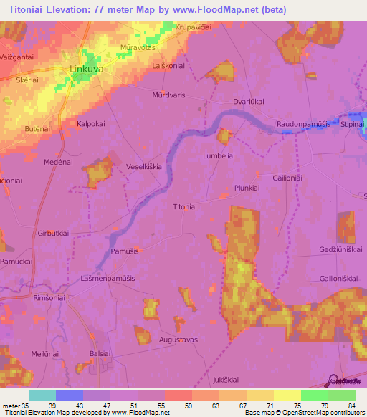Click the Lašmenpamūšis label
click(108, 278)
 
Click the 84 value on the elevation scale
click(351, 404)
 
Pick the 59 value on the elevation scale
click(189, 404)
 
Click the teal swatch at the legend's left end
click(42, 395)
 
